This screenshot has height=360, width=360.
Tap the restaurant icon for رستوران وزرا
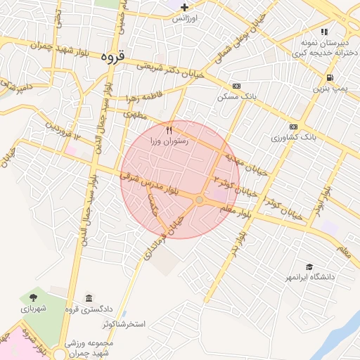[169, 130]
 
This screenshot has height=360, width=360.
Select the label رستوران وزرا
[169, 141]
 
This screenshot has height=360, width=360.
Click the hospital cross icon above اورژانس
[184, 7]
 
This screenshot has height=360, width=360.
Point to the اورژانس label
[186, 18]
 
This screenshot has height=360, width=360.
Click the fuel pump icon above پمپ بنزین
[330, 77]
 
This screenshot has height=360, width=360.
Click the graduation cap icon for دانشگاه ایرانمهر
[309, 266]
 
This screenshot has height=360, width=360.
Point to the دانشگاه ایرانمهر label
[309, 277]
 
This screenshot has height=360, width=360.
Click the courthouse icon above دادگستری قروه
[89, 298]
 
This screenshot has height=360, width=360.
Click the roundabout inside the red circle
[200, 200]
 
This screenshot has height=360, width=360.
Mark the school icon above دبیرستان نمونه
[324, 32]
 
